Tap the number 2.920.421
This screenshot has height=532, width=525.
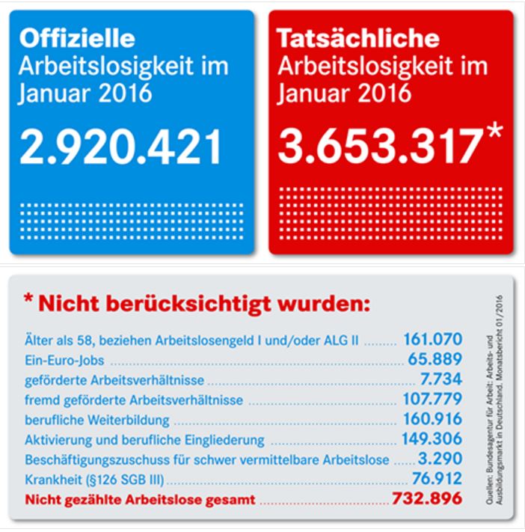[x=120, y=147]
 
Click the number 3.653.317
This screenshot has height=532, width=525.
[x=377, y=147]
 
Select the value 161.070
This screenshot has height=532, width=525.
[x=432, y=340]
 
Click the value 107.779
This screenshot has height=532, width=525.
[x=432, y=400]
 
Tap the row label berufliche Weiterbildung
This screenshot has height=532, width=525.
[x=97, y=419]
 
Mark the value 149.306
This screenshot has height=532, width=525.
[x=432, y=438]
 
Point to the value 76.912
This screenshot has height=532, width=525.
[x=437, y=478]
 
